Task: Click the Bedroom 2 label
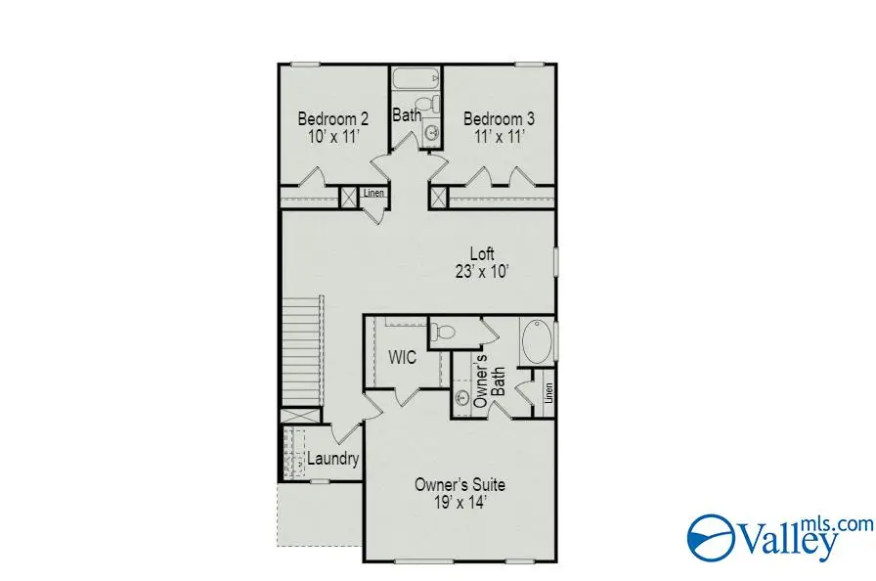click(332, 119)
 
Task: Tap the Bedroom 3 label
click(500, 119)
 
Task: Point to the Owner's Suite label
click(460, 484)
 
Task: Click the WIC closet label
click(403, 358)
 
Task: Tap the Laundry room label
click(333, 459)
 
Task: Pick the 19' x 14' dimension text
click(460, 503)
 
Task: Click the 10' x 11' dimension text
click(332, 137)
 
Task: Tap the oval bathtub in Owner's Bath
click(536, 342)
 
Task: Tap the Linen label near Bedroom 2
click(373, 194)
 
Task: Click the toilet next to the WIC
click(444, 331)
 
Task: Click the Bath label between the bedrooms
click(407, 114)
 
